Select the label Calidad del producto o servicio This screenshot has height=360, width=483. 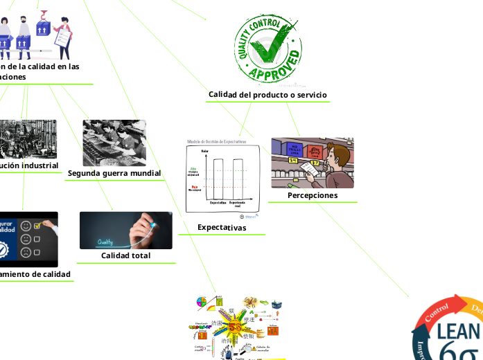[x=267, y=94]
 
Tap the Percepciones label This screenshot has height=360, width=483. [x=313, y=195]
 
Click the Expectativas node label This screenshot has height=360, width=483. [x=222, y=227]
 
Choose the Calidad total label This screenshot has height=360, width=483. [x=125, y=255]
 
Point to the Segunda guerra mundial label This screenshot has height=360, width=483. [x=114, y=172]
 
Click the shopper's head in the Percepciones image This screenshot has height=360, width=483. [x=337, y=154]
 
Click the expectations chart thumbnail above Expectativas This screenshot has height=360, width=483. [x=222, y=178]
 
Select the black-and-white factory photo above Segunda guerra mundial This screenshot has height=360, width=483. [x=114, y=142]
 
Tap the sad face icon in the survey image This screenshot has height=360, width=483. [x=26, y=252]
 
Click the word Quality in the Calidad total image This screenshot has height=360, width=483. [x=105, y=242]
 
